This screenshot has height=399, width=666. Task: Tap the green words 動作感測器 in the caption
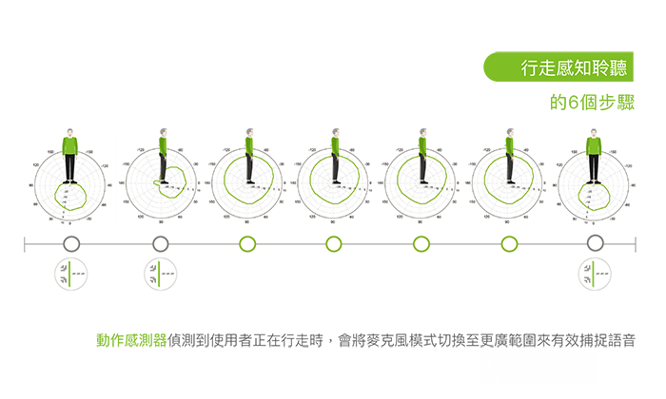click(131, 339)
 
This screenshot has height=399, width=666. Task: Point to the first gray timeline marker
click(71, 244)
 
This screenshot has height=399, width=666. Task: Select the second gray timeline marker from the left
click(160, 244)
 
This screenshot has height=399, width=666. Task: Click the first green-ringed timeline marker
click(247, 244)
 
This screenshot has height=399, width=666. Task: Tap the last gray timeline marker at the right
click(595, 244)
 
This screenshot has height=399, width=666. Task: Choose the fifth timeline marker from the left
click(421, 244)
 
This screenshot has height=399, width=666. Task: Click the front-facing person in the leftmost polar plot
click(69, 156)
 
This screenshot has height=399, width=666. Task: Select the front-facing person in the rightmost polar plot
click(594, 156)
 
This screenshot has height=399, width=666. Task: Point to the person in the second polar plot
click(162, 156)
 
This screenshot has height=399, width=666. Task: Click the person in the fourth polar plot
click(335, 156)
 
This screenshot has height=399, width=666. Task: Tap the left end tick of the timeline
click(26, 244)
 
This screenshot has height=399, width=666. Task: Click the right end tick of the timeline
click(635, 244)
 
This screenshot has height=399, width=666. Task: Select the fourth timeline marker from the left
click(333, 244)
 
